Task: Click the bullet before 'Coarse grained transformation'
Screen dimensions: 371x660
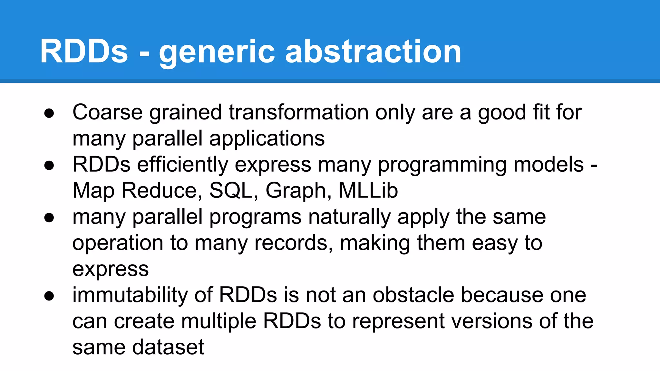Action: pyautogui.click(x=49, y=113)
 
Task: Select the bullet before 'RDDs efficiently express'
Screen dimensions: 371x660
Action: pyautogui.click(x=49, y=166)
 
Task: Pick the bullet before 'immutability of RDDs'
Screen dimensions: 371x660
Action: pyautogui.click(x=49, y=296)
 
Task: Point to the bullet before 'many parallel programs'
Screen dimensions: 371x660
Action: pyautogui.click(x=49, y=218)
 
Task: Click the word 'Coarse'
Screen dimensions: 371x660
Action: pyautogui.click(x=107, y=112)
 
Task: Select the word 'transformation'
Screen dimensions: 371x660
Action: pyautogui.click(x=298, y=112)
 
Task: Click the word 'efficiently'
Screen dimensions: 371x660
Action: pyautogui.click(x=182, y=165)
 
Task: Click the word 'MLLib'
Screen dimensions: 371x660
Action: pyautogui.click(x=368, y=191)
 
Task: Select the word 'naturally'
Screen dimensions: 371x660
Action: pyautogui.click(x=349, y=217)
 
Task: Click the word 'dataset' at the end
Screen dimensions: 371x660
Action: pyautogui.click(x=168, y=347)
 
